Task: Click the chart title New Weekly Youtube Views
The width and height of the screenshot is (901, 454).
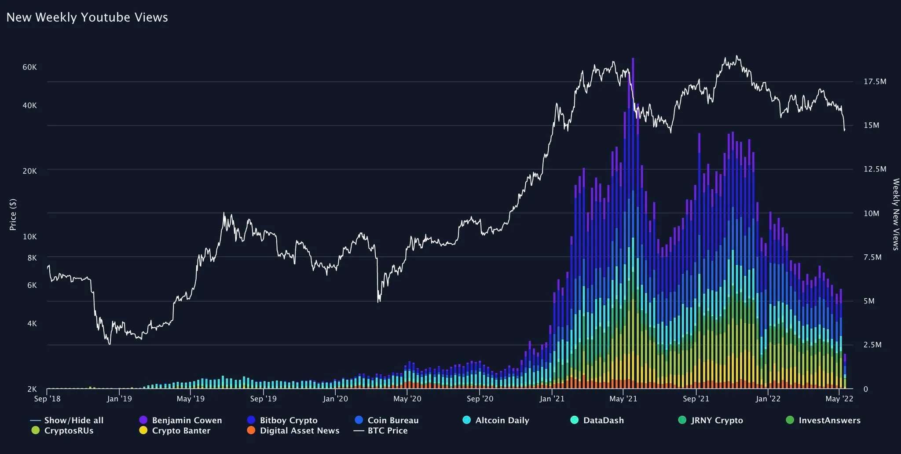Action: [x=87, y=18]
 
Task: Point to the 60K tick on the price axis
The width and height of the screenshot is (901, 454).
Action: [x=30, y=67]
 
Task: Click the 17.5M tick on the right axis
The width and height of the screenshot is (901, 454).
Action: [x=875, y=81]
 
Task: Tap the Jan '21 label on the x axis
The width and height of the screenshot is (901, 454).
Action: [x=552, y=399]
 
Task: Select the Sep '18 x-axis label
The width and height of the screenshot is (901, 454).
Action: [x=48, y=399]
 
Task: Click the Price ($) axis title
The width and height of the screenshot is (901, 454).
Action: [x=13, y=214]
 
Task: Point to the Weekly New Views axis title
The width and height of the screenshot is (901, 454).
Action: [x=895, y=214]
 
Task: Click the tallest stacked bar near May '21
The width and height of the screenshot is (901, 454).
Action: [x=633, y=220]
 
